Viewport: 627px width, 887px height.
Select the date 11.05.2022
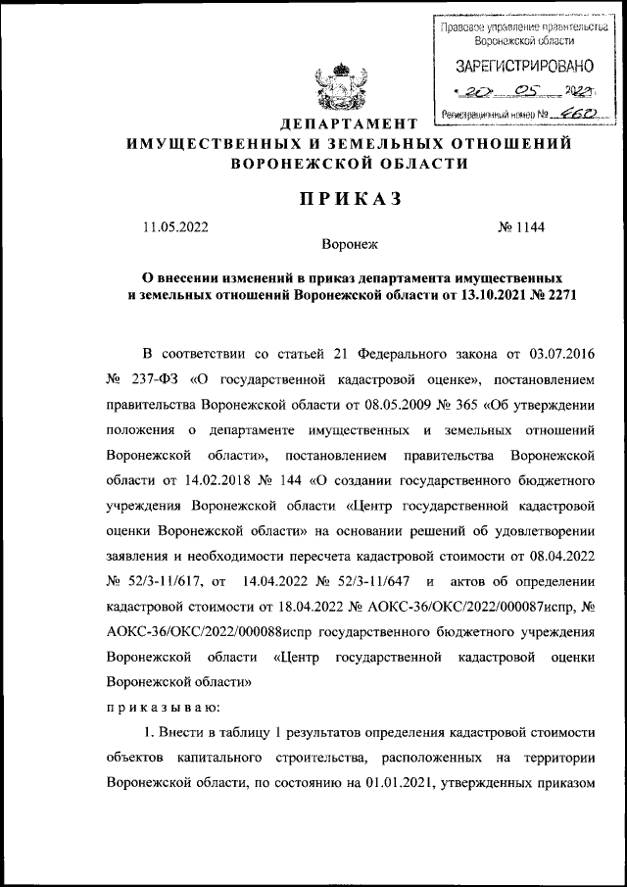click(175, 228)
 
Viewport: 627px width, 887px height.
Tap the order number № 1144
click(522, 228)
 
